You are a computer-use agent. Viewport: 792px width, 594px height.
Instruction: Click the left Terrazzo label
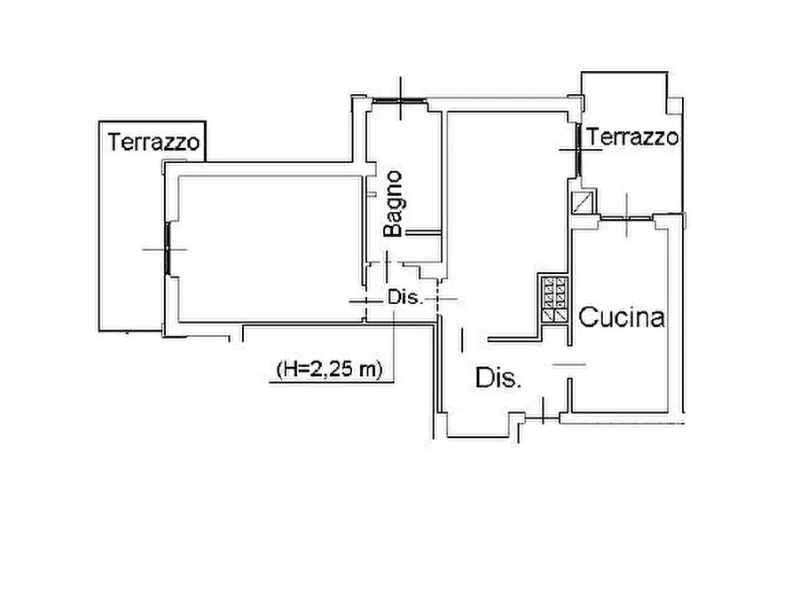click(x=153, y=141)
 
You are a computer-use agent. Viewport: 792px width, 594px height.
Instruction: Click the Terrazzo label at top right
click(x=633, y=137)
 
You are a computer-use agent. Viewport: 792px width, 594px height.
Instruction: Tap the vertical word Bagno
click(x=395, y=204)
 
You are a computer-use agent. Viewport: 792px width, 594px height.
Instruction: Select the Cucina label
click(x=622, y=318)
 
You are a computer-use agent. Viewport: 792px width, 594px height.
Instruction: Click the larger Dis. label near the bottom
click(x=498, y=379)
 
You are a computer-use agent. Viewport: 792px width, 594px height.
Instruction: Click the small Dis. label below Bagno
click(x=404, y=299)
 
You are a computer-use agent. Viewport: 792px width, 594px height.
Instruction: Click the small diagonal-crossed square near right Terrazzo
click(x=584, y=203)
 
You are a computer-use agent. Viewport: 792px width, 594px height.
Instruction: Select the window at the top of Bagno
click(x=399, y=100)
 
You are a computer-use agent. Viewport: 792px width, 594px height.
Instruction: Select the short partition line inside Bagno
click(x=424, y=232)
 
